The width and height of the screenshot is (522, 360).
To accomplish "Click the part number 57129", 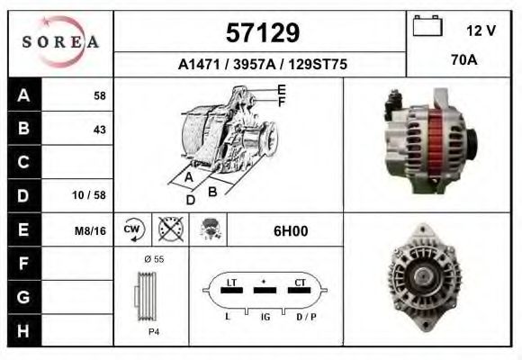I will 261,32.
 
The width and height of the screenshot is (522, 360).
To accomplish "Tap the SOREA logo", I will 60,42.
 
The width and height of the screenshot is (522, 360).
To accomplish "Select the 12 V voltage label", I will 481,30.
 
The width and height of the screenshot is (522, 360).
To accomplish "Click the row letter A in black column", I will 23,94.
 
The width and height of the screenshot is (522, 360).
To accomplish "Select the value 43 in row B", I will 99,129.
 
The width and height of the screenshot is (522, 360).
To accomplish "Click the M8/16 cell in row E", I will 91,230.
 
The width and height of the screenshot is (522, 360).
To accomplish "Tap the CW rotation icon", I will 132,229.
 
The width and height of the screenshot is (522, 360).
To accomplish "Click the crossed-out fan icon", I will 170,229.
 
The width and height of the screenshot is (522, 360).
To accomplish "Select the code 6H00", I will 290,230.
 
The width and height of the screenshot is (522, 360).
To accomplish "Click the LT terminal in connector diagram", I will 231,283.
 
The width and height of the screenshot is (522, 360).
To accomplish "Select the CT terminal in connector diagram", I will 301,283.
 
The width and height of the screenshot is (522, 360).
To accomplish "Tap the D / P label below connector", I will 307,318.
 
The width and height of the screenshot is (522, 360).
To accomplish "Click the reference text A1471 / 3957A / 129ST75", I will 261,64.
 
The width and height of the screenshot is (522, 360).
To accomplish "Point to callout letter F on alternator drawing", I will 282,102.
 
